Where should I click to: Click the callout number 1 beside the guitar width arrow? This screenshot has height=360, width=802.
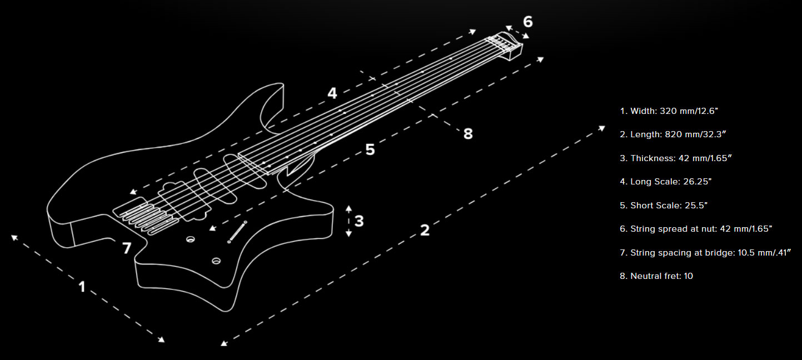82,287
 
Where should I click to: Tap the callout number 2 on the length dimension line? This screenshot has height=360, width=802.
425,230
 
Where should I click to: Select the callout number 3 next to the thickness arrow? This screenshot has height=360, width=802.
359,221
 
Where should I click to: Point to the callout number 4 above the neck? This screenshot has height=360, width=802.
332,93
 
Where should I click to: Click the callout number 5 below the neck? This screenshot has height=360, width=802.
370,149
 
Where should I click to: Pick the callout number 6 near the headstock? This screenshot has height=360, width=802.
528,22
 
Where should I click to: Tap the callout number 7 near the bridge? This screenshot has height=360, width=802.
127,248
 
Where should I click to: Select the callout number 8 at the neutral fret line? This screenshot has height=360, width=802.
468,134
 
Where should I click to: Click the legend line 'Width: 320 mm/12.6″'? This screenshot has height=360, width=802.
669,111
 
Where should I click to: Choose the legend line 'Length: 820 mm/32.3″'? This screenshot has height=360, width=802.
673,134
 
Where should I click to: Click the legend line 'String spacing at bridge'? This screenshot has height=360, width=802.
705,253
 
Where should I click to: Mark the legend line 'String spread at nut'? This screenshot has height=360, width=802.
696,229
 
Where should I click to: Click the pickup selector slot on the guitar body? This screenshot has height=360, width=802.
237,232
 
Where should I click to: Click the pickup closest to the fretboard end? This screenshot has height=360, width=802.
245,172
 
